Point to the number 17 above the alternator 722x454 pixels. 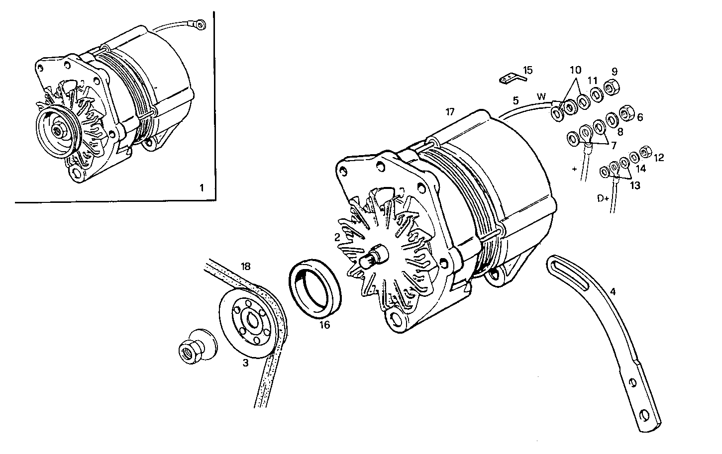[x=450, y=112]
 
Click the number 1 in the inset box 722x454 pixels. [x=202, y=188]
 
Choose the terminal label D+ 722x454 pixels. [x=603, y=198]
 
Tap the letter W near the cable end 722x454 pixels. [x=541, y=96]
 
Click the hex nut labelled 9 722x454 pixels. [x=612, y=88]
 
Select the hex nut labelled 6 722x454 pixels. [x=626, y=115]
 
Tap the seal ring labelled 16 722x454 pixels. [x=315, y=289]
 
